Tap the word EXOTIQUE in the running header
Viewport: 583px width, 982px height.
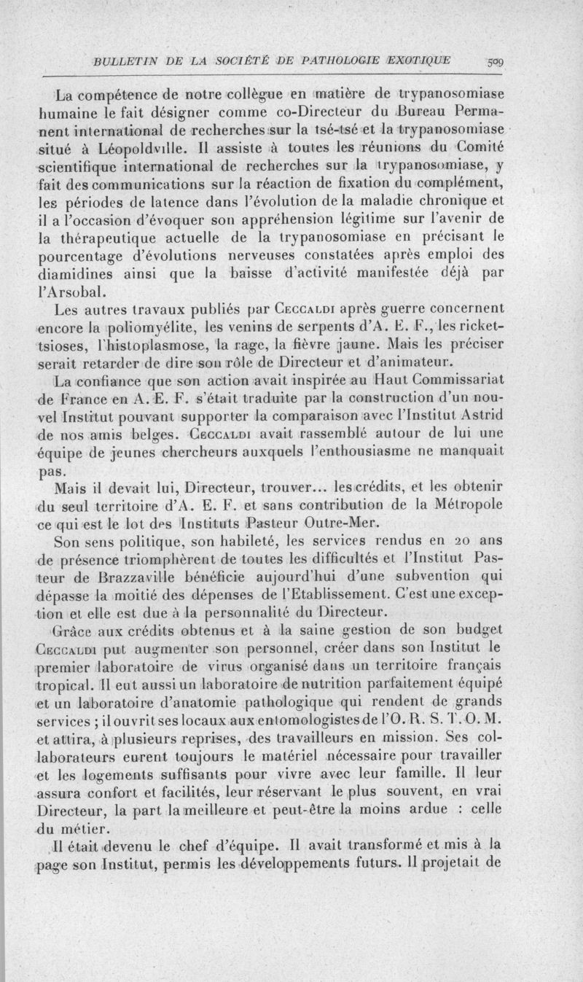421,60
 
